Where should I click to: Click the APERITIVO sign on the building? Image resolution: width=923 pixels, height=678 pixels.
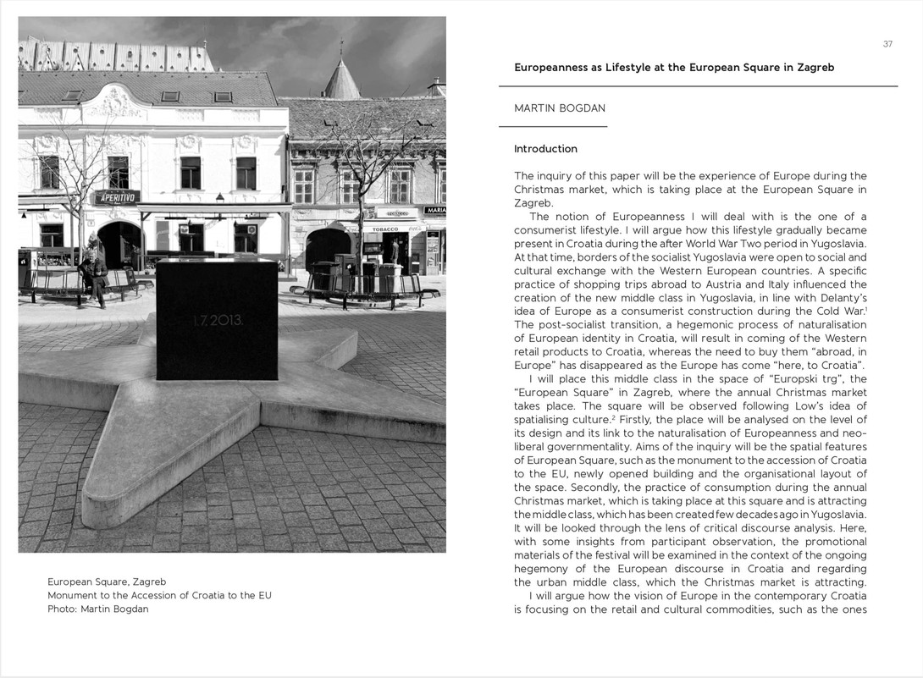[x=117, y=197]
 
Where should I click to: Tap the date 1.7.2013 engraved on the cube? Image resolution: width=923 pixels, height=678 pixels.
[x=218, y=320]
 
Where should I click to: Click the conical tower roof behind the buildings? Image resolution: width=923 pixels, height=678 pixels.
[x=342, y=80]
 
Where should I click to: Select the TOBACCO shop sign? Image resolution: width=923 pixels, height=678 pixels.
[x=385, y=229]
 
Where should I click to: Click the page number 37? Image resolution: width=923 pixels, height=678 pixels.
[x=887, y=44]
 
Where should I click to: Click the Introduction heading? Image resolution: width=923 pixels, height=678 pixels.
[x=545, y=149]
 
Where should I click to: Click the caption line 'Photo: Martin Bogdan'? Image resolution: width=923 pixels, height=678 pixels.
[x=97, y=609]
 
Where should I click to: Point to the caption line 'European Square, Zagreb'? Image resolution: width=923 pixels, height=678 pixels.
[x=107, y=582]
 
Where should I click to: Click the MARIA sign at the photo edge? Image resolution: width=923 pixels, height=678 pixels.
[x=435, y=210]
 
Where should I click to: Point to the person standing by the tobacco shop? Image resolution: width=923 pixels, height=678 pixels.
[x=395, y=251]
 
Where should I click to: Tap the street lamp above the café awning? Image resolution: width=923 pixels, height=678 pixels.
[x=220, y=198]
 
